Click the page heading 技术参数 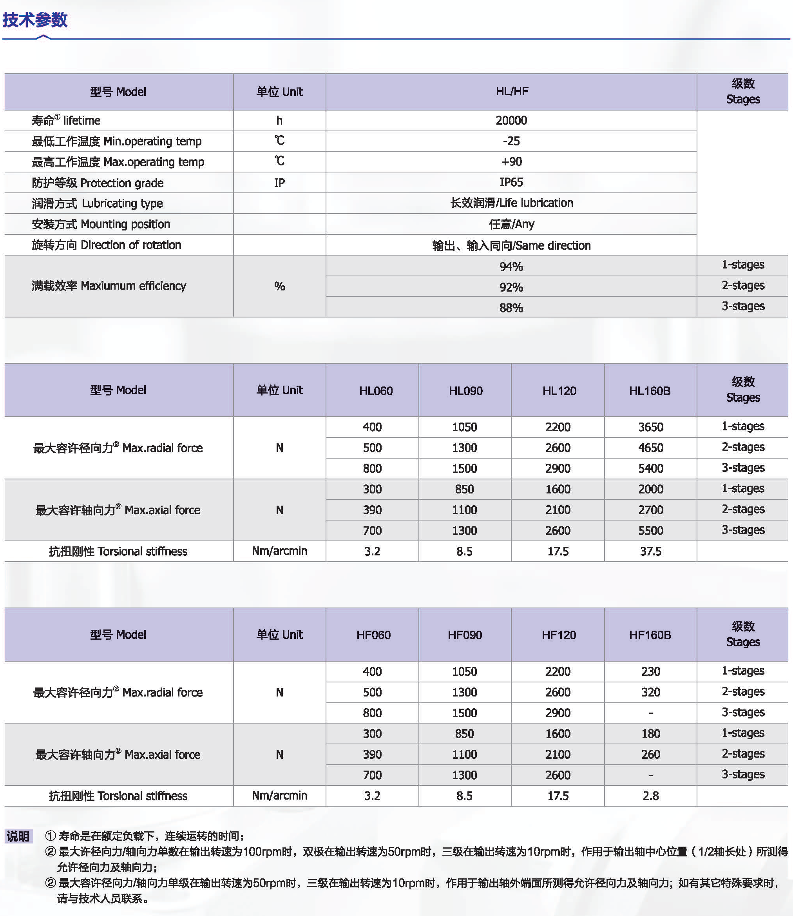[35, 20]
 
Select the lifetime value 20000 [511, 120]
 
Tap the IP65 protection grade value [511, 182]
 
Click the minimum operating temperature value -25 [511, 141]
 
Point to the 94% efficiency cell [511, 267]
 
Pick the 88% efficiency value [511, 308]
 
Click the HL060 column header [376, 391]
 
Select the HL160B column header [650, 391]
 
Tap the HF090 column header [465, 635]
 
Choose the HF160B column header [650, 635]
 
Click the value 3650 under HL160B [650, 427]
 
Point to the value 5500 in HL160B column [650, 530]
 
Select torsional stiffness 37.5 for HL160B [650, 551]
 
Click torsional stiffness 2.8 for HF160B [650, 796]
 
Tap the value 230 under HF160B [650, 671]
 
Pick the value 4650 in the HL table [650, 448]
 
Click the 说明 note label [18, 836]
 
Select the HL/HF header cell [512, 92]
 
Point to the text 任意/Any [512, 224]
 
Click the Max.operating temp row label [118, 162]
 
